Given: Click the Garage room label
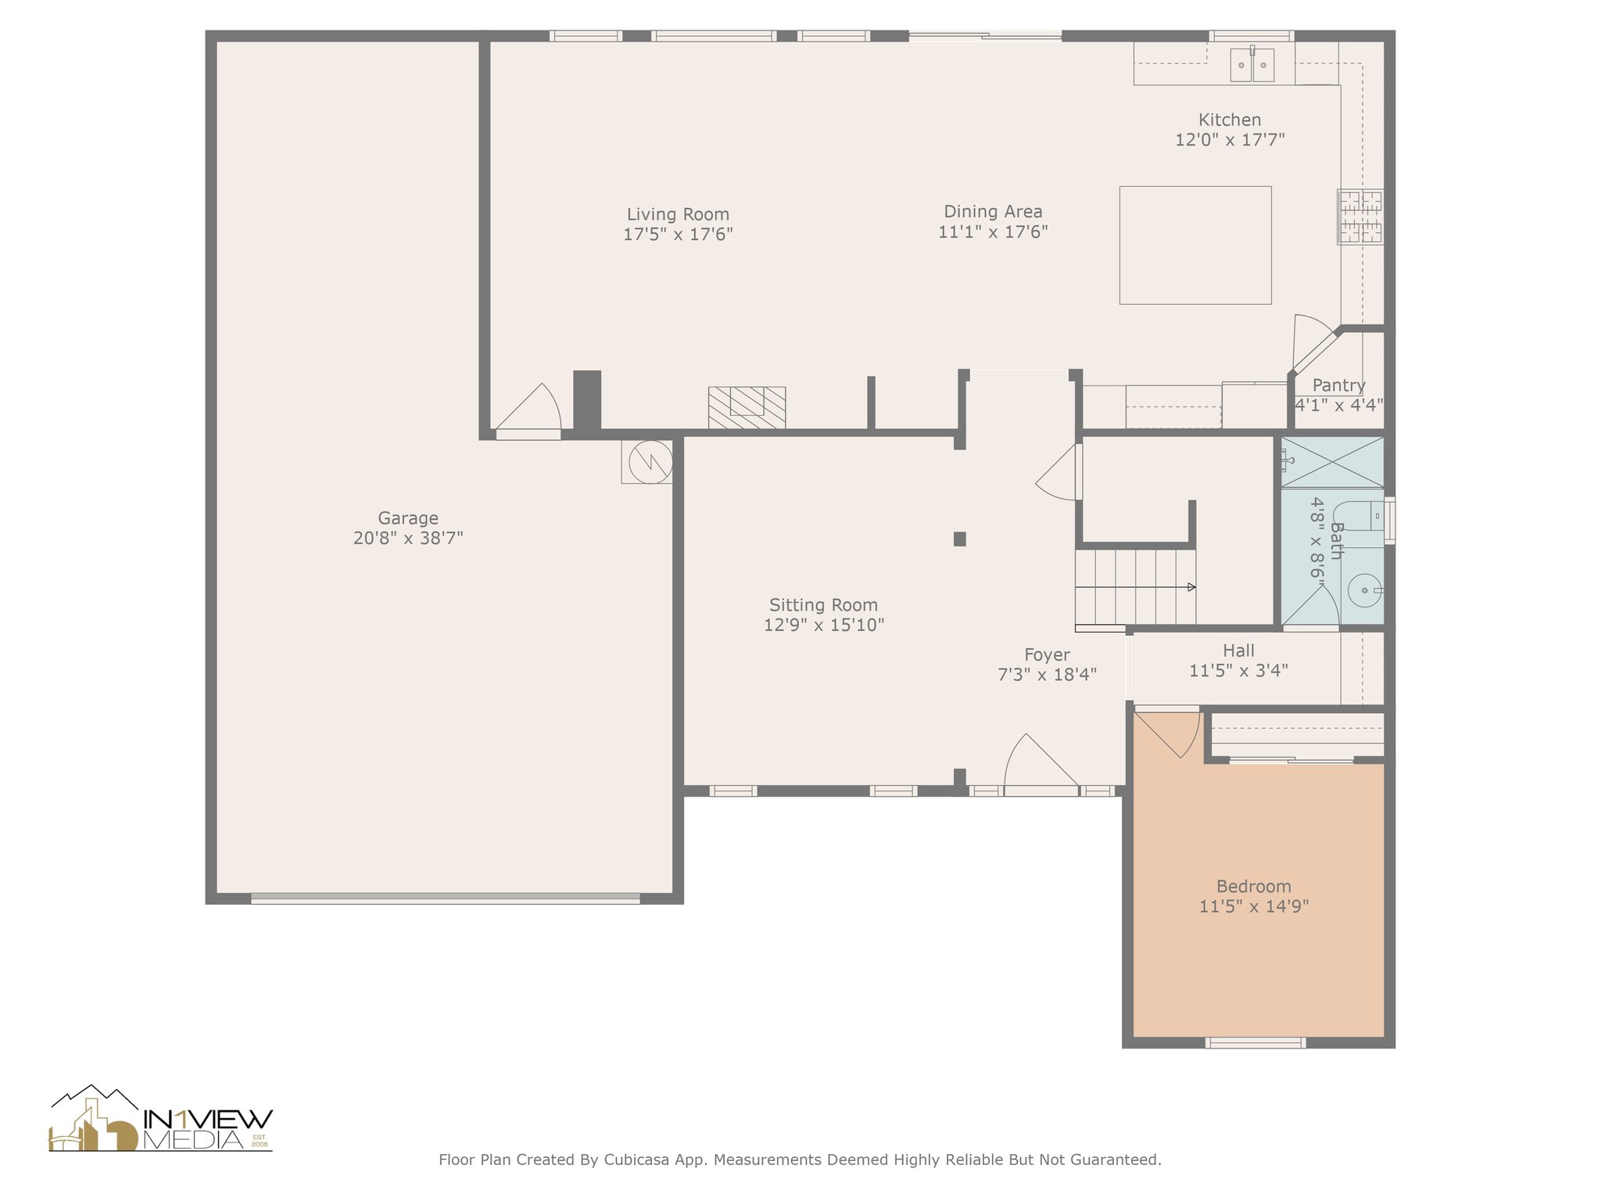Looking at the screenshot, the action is click(408, 518).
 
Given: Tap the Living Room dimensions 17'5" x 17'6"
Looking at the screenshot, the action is click(678, 234).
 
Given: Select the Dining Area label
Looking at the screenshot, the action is click(993, 211).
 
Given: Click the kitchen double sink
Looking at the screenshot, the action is click(1252, 64).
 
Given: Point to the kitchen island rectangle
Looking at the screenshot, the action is click(1195, 245).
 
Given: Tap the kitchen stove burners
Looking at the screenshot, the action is click(1360, 217).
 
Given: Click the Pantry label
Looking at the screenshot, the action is click(1339, 385).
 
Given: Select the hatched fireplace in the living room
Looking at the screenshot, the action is click(747, 407).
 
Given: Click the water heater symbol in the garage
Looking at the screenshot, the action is click(646, 462).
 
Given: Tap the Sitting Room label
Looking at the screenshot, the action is click(823, 604).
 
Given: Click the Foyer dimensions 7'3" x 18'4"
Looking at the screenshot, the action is click(1048, 674).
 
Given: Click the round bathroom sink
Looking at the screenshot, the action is click(1365, 590).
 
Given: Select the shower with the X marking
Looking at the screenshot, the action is click(1332, 463).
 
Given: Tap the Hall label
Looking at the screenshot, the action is click(1239, 651).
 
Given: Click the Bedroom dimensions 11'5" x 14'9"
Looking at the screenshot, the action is click(1254, 906).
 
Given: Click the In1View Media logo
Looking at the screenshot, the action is click(161, 1118).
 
